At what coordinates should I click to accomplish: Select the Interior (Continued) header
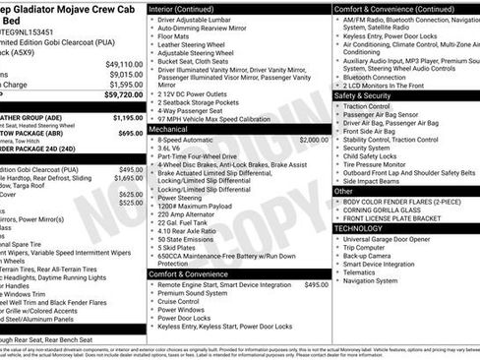coord(188,8)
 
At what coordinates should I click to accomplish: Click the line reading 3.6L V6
coord(173,150)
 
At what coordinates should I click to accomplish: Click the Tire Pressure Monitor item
coord(384,164)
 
